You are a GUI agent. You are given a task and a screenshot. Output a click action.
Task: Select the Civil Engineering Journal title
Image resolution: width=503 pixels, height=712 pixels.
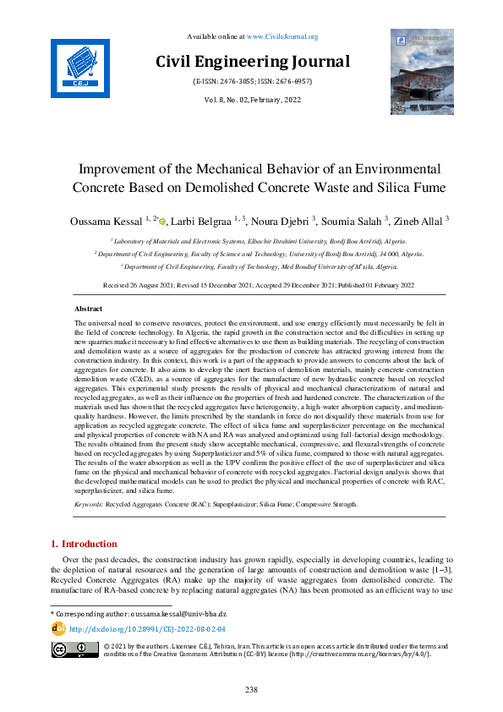click(x=252, y=62)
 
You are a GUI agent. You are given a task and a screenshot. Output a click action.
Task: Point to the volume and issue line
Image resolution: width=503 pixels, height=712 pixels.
click(x=251, y=99)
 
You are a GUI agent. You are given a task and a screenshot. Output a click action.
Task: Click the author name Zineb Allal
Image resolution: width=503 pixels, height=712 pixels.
click(x=418, y=222)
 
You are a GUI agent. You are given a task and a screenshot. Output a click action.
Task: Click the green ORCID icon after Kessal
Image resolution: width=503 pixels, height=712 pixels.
click(x=162, y=222)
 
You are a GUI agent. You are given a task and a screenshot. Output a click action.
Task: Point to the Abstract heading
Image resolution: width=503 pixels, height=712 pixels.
click(x=89, y=309)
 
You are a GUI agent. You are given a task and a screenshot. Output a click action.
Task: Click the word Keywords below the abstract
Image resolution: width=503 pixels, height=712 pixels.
click(x=88, y=504)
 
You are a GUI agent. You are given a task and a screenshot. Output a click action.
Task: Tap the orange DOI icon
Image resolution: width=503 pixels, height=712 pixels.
click(x=58, y=629)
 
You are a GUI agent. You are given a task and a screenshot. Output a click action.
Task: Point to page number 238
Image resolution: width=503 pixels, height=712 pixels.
click(x=251, y=690)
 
